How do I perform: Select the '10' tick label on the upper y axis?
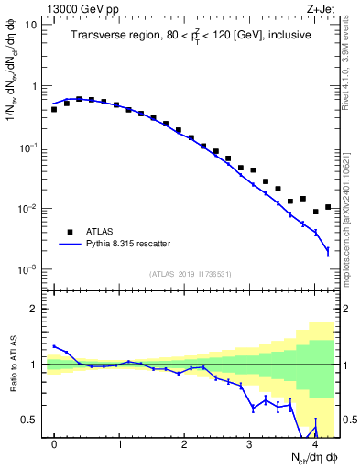click(x=31, y=25)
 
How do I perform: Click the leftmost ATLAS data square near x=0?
click(x=54, y=109)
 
